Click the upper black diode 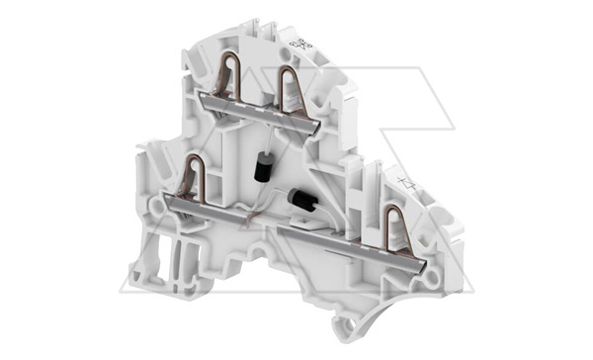262,169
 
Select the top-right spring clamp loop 292,86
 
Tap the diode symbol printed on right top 407,182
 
